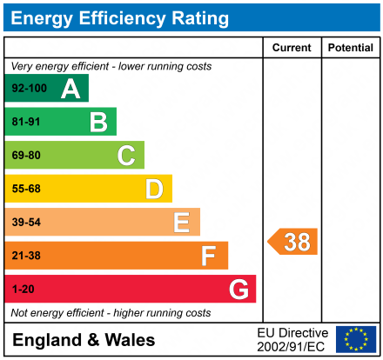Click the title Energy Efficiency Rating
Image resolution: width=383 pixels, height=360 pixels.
pyautogui.click(x=120, y=17)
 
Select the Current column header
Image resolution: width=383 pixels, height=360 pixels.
pyautogui.click(x=292, y=48)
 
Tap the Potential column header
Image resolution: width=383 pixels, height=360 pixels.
pyautogui.click(x=350, y=48)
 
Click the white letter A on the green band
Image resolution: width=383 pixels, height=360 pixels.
pyautogui.click(x=71, y=89)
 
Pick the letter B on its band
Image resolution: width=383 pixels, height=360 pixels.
pyautogui.click(x=98, y=122)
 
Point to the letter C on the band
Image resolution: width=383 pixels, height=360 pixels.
pyautogui.click(x=126, y=156)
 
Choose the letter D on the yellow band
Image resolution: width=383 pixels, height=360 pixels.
pyautogui.click(x=154, y=189)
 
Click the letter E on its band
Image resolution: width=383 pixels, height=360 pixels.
pyautogui.click(x=181, y=223)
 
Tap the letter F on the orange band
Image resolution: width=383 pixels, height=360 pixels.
pyautogui.click(x=209, y=256)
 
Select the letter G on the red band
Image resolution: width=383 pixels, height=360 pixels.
pyautogui.click(x=238, y=289)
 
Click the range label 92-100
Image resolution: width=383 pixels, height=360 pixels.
pyautogui.click(x=29, y=89)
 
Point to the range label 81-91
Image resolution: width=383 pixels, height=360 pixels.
pyautogui.click(x=26, y=122)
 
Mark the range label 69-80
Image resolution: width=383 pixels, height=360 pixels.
pyautogui.click(x=26, y=156)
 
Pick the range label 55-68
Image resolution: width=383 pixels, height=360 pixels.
pyautogui.click(x=26, y=189)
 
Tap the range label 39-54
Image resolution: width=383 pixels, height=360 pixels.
pyautogui.click(x=26, y=223)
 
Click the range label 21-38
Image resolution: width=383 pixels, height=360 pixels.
pyautogui.click(x=26, y=256)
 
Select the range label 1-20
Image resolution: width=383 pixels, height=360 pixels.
pyautogui.click(x=24, y=289)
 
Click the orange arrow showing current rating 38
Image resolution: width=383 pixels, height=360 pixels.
pyautogui.click(x=293, y=242)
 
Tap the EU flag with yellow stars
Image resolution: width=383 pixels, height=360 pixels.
pyautogui.click(x=356, y=339)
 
